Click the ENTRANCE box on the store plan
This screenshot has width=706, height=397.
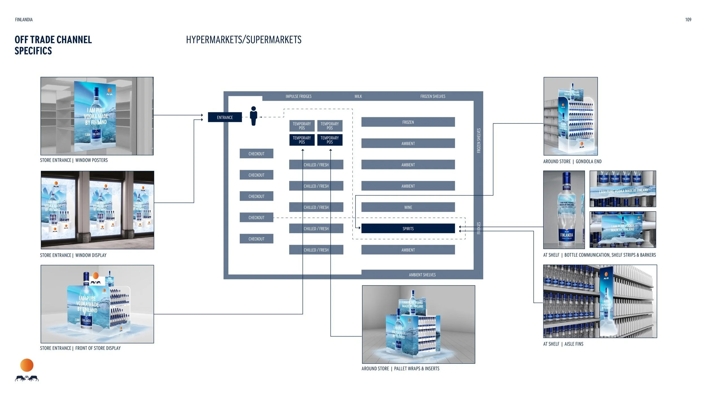point(225,117)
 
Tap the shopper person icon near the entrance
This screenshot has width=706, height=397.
point(254,116)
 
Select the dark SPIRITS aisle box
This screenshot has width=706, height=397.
point(408,228)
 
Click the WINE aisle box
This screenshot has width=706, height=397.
point(408,207)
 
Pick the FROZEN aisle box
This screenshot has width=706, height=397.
point(408,122)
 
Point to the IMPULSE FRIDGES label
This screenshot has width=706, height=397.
point(298,96)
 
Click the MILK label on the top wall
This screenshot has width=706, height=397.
point(358,96)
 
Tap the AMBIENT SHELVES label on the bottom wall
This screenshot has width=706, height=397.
point(422,275)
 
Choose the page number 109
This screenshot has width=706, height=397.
point(688,19)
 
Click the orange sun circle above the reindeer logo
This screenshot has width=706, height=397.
point(27,365)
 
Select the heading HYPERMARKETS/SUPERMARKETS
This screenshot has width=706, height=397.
point(243,40)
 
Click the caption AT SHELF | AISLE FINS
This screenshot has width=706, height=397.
point(563,344)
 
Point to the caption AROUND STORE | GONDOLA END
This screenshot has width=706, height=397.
point(572,161)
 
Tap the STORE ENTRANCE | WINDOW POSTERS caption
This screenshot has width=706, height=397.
point(74,160)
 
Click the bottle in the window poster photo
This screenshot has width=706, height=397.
point(97,119)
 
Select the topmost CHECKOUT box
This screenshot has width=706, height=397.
point(256,154)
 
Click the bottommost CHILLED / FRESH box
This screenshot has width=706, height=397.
point(316,250)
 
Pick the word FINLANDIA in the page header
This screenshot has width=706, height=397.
point(24,19)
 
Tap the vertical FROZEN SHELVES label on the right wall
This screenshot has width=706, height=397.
point(479,141)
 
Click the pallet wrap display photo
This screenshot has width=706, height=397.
point(418,324)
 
